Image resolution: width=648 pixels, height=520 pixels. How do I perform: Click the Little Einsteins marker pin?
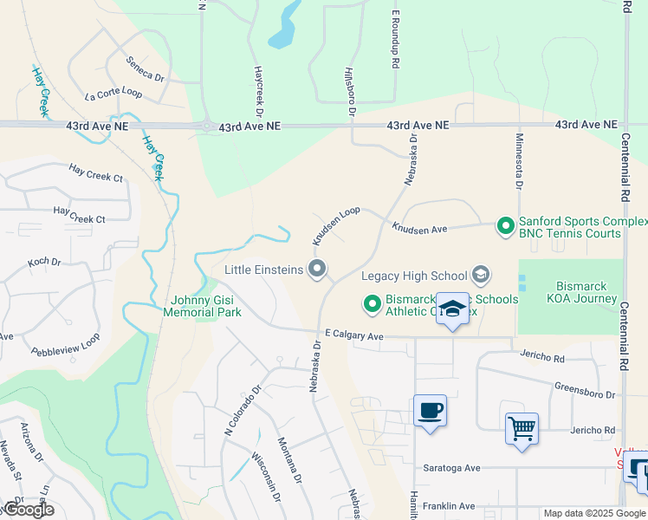pyautogui.click(x=318, y=270)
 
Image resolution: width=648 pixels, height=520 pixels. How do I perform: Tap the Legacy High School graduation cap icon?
pyautogui.click(x=480, y=276)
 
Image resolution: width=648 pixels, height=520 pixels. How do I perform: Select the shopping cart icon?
pyautogui.click(x=522, y=428)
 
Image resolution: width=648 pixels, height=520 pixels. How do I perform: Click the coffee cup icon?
pyautogui.click(x=430, y=410)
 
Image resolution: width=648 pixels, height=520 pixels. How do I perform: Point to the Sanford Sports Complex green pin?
pyautogui.click(x=506, y=227)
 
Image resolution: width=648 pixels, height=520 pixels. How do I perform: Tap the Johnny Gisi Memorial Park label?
pyautogui.click(x=203, y=306)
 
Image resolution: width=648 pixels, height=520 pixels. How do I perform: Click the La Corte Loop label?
pyautogui.click(x=113, y=93)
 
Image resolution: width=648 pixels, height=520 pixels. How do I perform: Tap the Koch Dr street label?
pyautogui.click(x=44, y=262)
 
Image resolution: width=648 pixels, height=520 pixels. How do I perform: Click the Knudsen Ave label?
pyautogui.click(x=418, y=229)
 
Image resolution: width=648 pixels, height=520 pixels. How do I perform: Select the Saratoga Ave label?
pyautogui.click(x=451, y=468)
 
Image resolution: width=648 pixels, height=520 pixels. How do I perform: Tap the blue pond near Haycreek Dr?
pyautogui.click(x=283, y=29)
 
